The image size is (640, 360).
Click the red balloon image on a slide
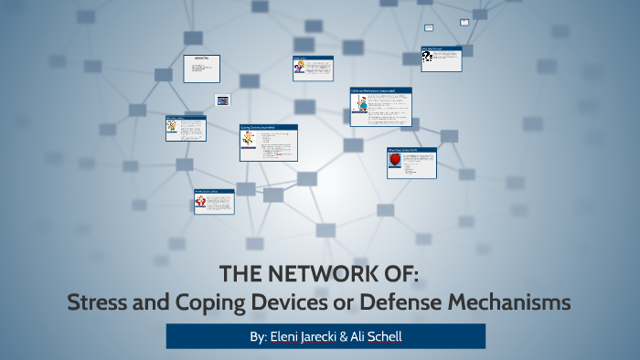pos(396,162)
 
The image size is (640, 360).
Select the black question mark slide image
pos(427,58)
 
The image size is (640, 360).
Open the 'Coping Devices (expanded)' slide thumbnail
pos(268,143)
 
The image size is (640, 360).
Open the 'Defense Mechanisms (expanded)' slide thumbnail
pos(380,107)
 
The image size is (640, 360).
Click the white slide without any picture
pos(200,69)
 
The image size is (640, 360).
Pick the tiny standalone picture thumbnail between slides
pos(222,100)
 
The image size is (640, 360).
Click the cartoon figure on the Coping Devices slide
pos(249,140)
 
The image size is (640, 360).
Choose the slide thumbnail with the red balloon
pos(411,163)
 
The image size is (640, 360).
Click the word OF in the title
pos(401,275)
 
